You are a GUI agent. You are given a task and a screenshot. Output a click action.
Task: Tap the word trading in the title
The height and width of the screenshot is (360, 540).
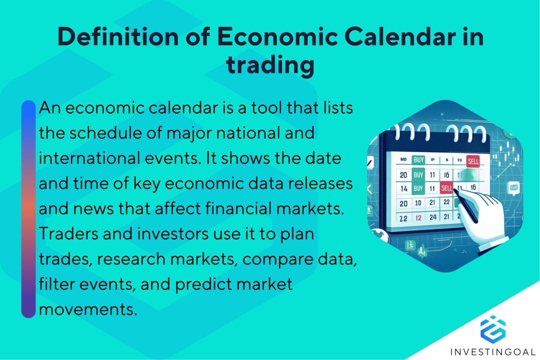270,65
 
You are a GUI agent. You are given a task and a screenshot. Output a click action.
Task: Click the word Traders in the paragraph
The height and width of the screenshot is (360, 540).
68,234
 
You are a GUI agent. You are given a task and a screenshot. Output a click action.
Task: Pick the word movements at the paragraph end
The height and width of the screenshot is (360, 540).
88,309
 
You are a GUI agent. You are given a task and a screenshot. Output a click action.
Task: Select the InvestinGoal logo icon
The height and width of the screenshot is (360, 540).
493,329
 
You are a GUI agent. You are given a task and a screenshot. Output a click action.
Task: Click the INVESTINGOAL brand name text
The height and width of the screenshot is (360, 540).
493,352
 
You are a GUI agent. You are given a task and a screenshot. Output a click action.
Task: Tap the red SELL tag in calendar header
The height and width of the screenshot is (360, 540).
473,161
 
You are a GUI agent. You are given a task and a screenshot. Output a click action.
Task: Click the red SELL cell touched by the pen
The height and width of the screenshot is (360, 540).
446,188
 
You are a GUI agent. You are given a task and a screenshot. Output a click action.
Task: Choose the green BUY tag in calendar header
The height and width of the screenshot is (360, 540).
418,160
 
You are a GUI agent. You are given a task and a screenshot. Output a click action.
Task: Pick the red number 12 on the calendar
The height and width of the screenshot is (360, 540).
418,218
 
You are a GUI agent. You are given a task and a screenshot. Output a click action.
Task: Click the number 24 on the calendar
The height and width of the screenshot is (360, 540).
433,217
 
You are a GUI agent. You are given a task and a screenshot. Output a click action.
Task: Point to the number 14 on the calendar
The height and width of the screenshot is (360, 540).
404,188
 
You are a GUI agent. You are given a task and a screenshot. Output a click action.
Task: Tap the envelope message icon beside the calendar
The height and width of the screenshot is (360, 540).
514,187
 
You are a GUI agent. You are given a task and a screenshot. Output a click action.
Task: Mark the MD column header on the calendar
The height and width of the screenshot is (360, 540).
403,160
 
